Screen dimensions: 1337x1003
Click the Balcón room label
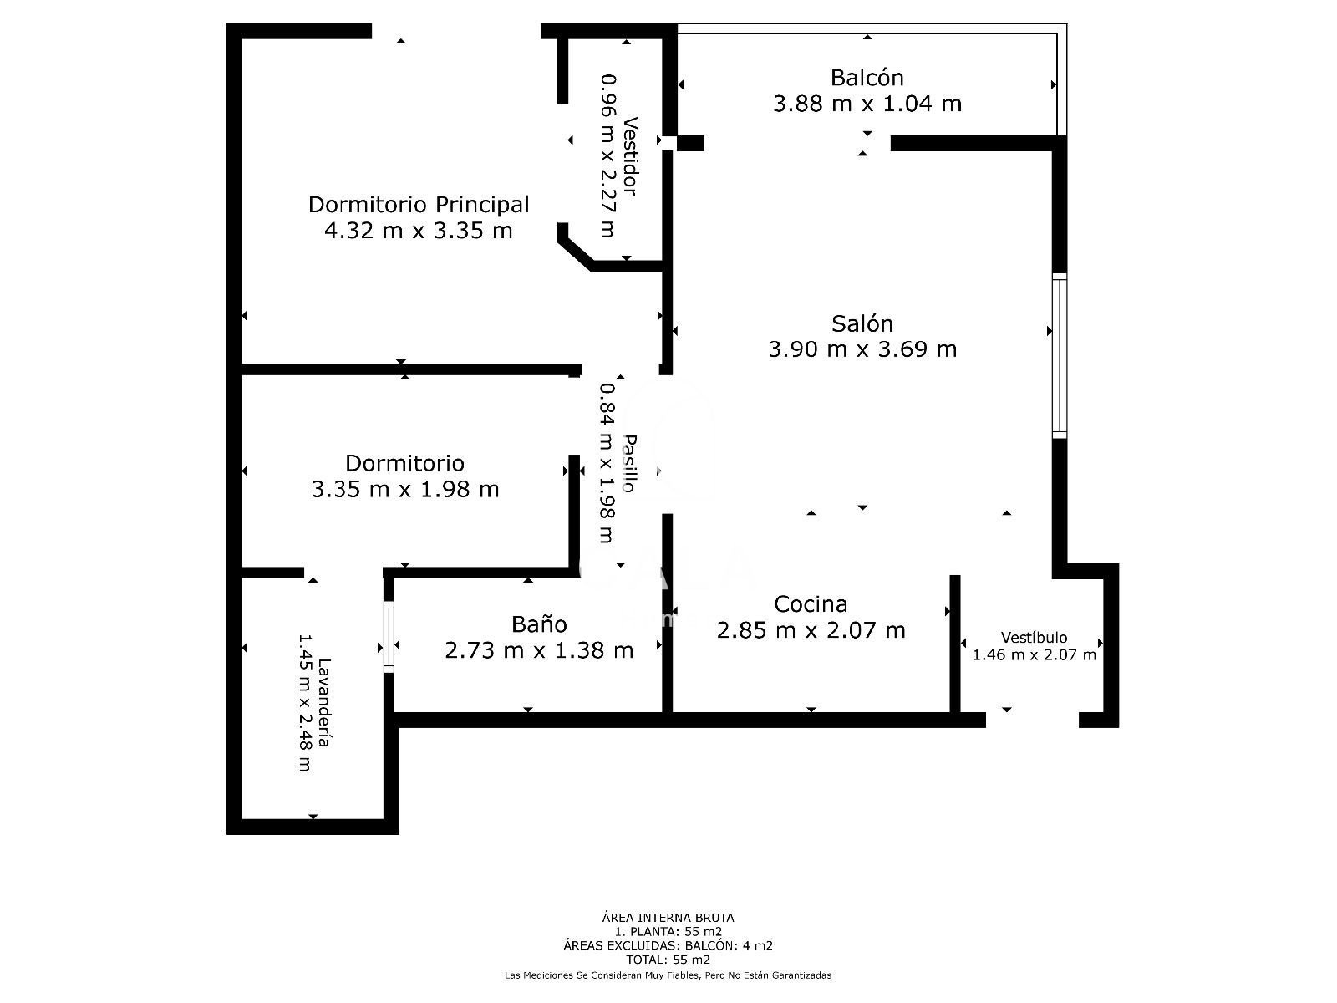(867, 78)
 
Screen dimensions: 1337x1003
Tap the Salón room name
(862, 323)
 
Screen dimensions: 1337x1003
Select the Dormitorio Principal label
(419, 205)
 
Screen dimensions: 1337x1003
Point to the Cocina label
(811, 603)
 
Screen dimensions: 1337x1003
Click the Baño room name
(539, 624)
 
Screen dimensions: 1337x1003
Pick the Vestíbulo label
(1035, 637)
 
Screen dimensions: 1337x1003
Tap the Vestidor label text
(630, 156)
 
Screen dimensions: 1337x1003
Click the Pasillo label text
(630, 463)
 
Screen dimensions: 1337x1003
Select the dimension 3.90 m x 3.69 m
(862, 349)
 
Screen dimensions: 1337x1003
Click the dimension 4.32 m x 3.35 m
(419, 231)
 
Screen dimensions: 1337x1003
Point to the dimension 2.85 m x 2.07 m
(811, 629)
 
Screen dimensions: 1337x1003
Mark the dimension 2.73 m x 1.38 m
(539, 649)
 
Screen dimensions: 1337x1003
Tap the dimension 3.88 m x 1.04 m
(867, 104)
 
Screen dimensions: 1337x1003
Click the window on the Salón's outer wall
(1060, 356)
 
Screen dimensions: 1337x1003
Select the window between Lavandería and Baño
(389, 637)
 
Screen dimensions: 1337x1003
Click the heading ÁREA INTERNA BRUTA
(668, 917)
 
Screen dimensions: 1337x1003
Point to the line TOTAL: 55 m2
(668, 960)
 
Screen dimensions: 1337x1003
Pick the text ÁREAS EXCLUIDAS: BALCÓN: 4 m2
(668, 946)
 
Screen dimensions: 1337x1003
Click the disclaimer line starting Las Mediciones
(668, 975)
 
